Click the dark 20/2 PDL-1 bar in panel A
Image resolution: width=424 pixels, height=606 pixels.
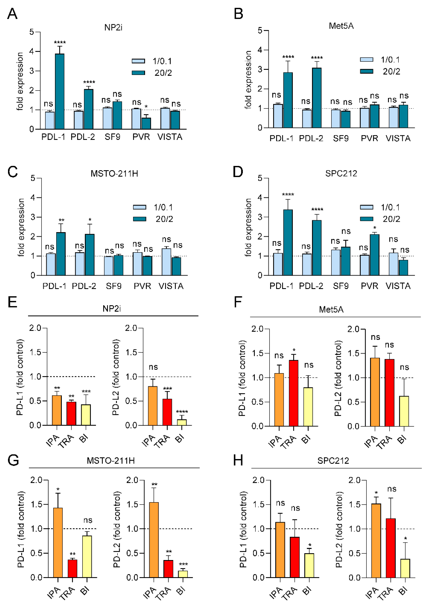click(59, 91)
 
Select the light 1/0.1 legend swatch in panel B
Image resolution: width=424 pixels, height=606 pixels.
click(367, 60)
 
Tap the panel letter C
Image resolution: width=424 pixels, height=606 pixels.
click(12, 172)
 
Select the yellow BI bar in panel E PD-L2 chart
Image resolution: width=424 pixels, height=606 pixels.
click(182, 422)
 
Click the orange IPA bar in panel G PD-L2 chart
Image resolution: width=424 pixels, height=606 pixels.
click(154, 540)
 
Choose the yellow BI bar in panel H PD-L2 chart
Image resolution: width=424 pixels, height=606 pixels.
click(405, 568)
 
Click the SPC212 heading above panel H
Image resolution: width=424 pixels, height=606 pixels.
click(333, 461)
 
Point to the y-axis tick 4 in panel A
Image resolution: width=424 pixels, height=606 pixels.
click(32, 51)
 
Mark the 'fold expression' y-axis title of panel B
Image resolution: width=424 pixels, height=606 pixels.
click(248, 80)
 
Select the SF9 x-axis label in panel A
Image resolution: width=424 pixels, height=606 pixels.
click(112, 137)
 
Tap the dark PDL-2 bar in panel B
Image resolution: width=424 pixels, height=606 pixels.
click(317, 98)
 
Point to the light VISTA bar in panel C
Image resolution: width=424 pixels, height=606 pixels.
click(166, 262)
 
